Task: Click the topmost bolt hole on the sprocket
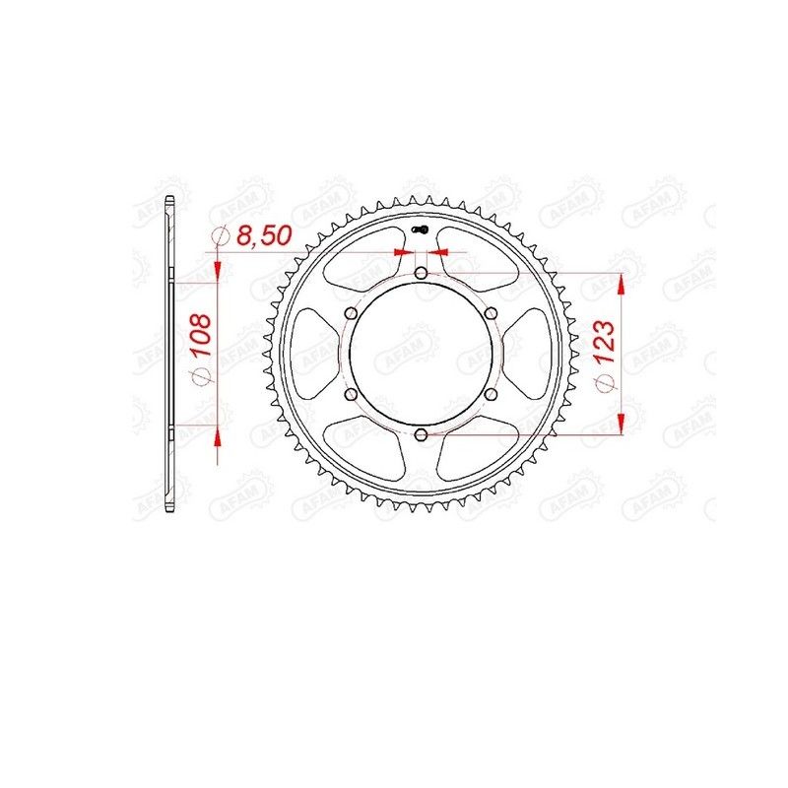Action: (421, 273)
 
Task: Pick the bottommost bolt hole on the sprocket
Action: (421, 433)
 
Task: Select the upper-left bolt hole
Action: (351, 313)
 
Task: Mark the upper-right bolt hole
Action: (490, 313)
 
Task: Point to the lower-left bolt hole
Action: (351, 393)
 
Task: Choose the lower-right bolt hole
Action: (490, 393)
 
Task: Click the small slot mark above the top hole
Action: (421, 232)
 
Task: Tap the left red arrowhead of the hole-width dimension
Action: (405, 253)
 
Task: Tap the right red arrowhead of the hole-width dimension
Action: (436, 253)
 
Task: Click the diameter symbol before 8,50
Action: (220, 236)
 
